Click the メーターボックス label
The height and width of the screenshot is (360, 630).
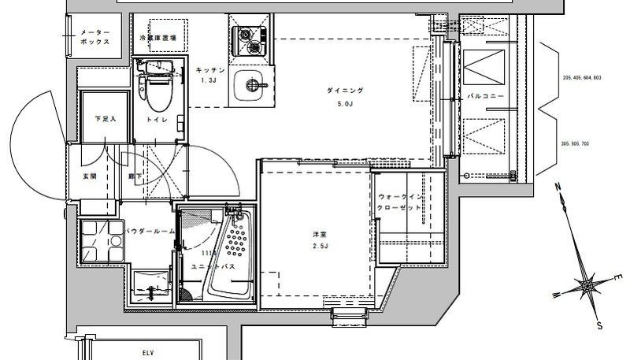[x=94, y=38]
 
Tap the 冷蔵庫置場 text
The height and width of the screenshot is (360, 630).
[x=157, y=38]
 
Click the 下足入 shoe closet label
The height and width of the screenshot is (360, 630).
[x=106, y=120]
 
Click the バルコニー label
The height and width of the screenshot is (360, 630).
[x=480, y=96]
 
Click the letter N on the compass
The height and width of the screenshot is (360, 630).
[x=557, y=187]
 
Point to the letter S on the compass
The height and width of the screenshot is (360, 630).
[x=599, y=325]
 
